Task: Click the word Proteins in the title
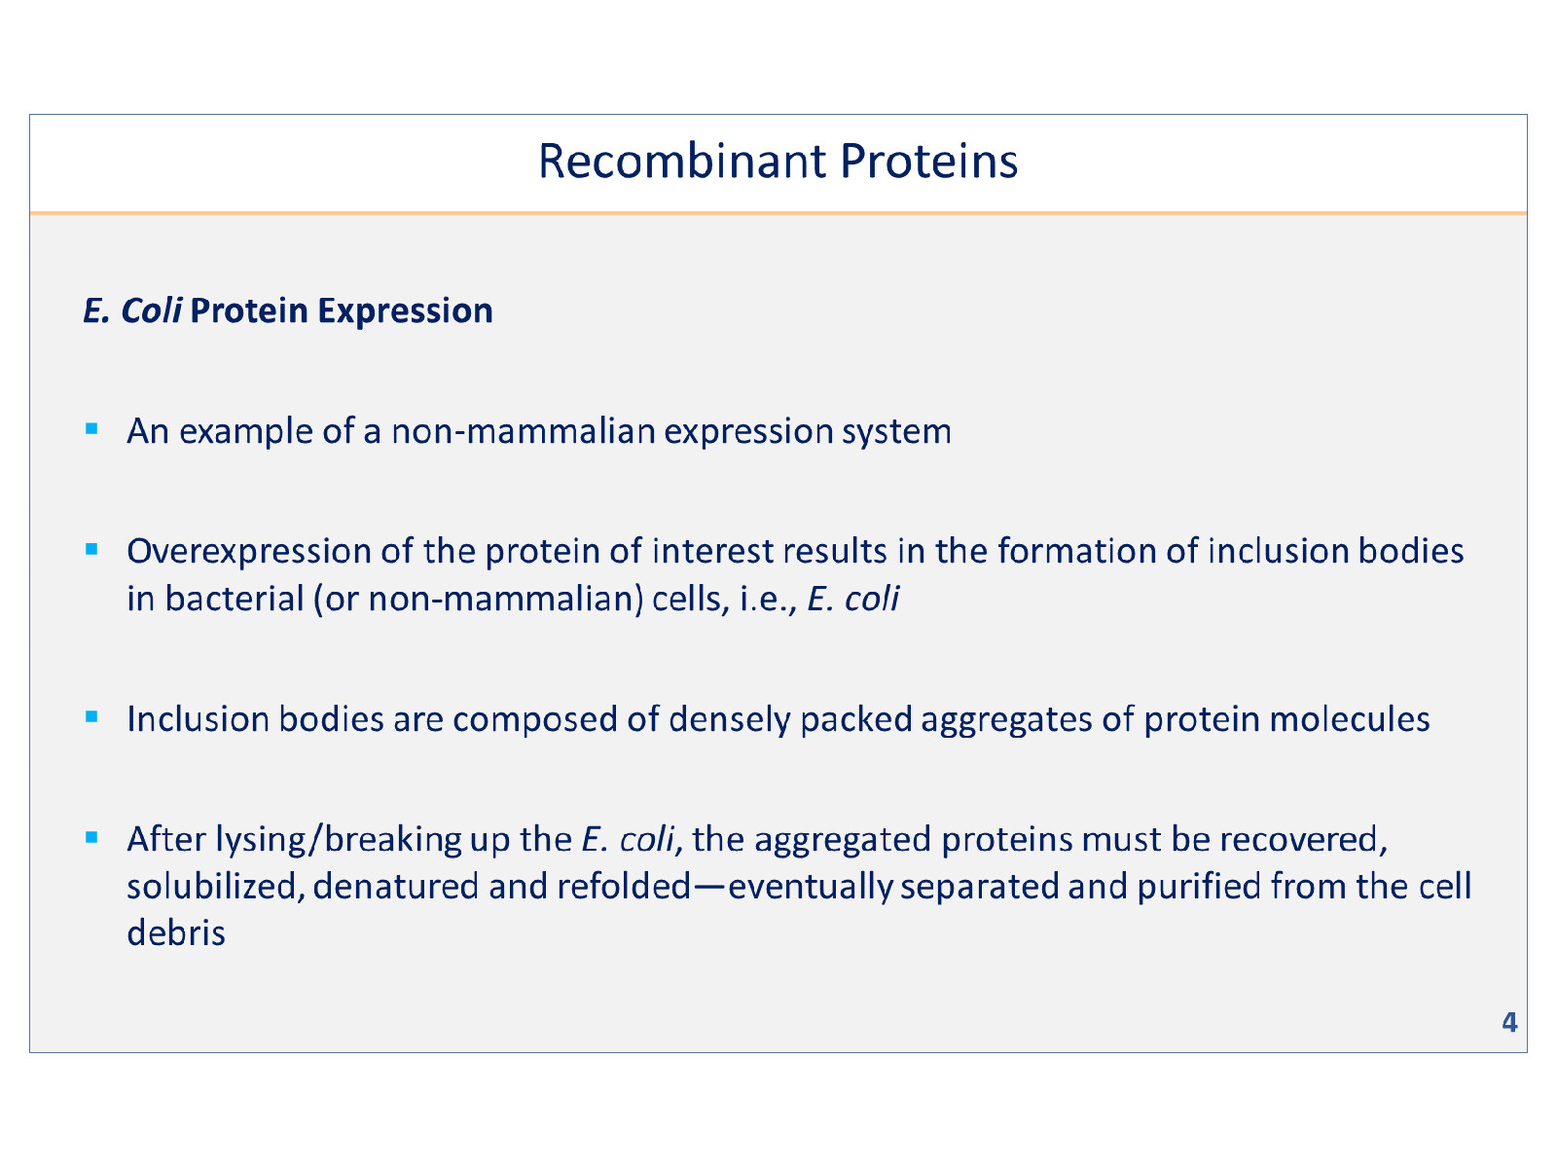[928, 162]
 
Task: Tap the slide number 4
[1509, 1022]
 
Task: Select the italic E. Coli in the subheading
[132, 310]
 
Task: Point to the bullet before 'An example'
[91, 428]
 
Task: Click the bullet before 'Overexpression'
[91, 549]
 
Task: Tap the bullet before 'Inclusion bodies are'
[91, 717]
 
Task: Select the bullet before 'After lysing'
[91, 836]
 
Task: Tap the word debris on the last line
[176, 933]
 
